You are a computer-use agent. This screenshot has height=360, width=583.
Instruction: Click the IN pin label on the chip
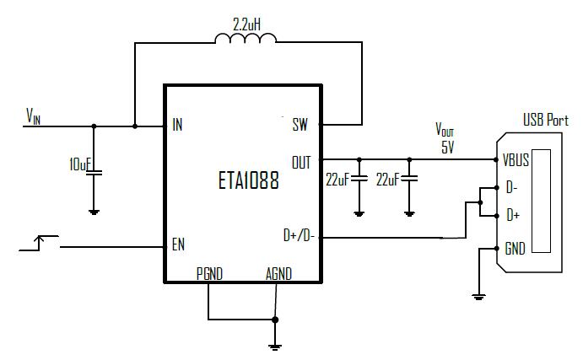177,126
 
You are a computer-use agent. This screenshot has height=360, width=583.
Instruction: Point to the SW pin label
300,126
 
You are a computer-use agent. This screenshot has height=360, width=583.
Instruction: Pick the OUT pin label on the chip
300,160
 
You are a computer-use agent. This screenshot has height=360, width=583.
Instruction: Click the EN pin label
178,246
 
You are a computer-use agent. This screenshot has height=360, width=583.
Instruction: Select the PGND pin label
209,273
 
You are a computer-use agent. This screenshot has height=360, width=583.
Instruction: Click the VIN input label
33,115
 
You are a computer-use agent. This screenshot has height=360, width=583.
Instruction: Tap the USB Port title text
546,121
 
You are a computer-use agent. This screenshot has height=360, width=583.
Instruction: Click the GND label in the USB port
514,249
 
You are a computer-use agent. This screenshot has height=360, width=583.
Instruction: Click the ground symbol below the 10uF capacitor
94,212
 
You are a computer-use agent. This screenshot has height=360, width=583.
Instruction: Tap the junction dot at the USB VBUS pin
495,159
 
